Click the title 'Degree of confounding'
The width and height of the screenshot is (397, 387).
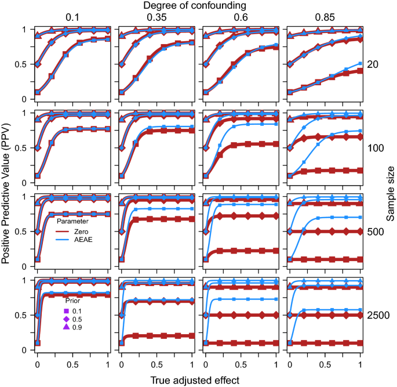[198, 6]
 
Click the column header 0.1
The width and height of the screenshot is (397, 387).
[72, 17]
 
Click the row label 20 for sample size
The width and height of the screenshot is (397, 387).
[373, 64]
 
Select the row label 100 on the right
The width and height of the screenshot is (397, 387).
[376, 148]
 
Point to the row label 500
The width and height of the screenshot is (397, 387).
[376, 232]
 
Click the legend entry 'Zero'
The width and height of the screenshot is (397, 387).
[80, 230]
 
